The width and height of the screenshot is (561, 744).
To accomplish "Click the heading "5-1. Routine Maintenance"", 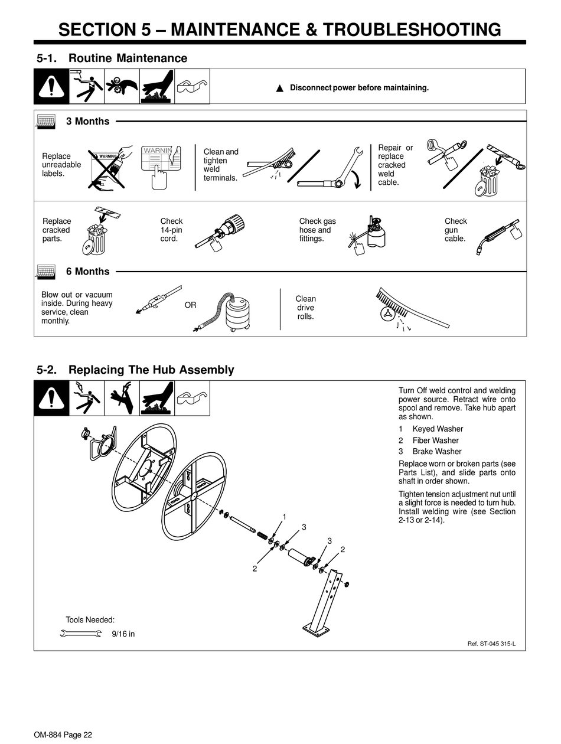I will [x=112, y=58].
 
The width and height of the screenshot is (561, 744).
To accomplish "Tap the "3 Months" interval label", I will [x=87, y=121].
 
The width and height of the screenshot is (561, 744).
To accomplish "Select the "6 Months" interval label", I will [x=87, y=272].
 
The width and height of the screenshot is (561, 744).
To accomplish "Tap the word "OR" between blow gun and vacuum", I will [x=190, y=305].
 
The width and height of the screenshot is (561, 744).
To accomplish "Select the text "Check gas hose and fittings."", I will [x=317, y=230].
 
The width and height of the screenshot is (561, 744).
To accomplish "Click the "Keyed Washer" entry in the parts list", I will [x=438, y=429].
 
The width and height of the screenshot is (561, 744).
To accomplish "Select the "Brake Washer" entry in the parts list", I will [x=437, y=452].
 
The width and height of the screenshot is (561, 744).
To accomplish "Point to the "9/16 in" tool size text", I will [x=123, y=634].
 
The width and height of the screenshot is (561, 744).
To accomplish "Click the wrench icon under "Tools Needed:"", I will [x=81, y=634].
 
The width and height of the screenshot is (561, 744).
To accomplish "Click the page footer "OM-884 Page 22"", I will [x=63, y=735].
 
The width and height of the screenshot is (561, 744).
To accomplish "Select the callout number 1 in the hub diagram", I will [x=284, y=517].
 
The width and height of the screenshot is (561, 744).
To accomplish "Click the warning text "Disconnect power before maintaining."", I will [x=358, y=88].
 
